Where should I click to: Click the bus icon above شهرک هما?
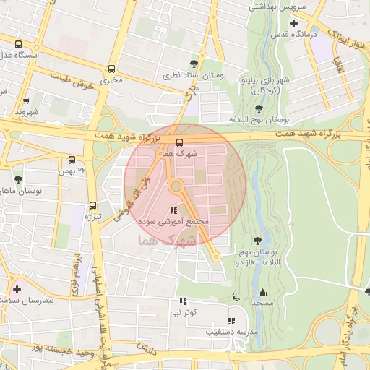(179, 142)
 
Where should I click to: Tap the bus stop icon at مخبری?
(111, 69)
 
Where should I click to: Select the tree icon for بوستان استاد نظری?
(192, 64)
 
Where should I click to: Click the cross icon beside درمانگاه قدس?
(293, 23)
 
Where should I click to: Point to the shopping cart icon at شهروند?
(27, 102)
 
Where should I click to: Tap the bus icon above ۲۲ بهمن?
(72, 160)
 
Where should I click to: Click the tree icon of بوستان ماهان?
(17, 179)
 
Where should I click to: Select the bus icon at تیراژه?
(92, 205)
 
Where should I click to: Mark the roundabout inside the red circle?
(176, 187)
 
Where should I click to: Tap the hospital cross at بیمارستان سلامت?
(17, 289)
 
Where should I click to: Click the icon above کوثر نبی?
(182, 302)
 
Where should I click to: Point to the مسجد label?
(262, 303)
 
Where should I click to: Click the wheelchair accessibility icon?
(235, 297)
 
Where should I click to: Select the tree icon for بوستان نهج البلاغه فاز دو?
(258, 240)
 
